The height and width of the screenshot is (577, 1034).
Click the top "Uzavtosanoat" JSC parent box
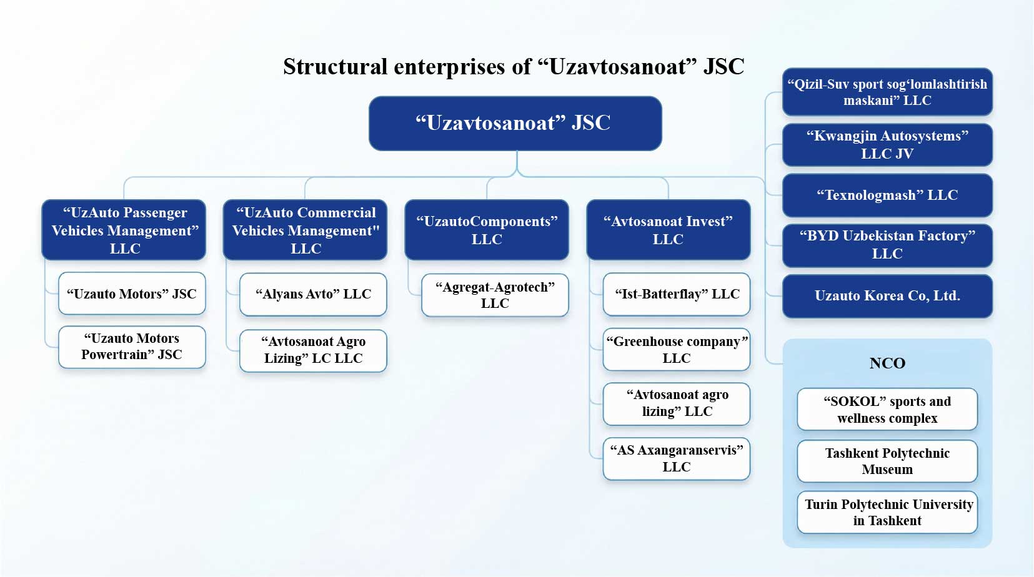pos(515,123)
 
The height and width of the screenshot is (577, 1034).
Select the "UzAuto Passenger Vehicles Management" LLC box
pos(124,230)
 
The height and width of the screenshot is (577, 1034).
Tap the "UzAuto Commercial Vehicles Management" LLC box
pos(306,230)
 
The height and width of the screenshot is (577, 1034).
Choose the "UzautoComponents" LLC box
pos(487,230)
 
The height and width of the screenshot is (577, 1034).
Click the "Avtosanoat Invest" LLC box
pos(668,230)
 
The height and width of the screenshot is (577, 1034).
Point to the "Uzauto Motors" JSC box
pos(132,293)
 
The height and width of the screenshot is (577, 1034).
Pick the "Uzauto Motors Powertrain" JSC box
pos(132,347)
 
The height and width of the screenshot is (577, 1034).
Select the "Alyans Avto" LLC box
pos(313,294)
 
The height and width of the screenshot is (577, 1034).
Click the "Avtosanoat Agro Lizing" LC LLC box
pos(313,350)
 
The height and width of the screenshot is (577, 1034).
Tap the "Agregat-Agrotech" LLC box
pos(495,295)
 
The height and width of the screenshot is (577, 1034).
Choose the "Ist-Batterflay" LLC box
pos(677,294)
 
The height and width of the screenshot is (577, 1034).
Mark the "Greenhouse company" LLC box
pos(677,350)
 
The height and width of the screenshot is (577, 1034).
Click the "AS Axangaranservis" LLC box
pos(677,458)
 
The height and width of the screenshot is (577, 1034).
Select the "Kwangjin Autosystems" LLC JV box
pos(887,145)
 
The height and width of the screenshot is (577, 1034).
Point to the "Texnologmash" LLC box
pos(887,195)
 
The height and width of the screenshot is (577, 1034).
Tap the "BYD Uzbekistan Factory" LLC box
pos(887,245)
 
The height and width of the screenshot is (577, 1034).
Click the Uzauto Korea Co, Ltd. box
pos(887,296)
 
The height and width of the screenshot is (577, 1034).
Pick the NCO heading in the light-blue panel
pos(887,363)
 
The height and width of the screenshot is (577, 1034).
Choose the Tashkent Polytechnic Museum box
pos(887,461)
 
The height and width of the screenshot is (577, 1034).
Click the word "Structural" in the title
pos(336,67)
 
